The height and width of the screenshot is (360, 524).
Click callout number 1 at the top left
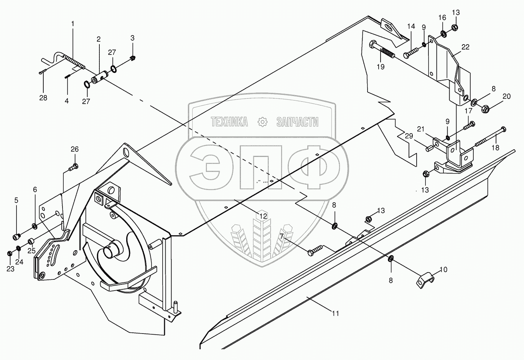pyautogui.click(x=73, y=24)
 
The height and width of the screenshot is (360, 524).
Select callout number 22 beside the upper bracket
pyautogui.click(x=465, y=47)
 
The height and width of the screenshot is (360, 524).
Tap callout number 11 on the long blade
pyautogui.click(x=335, y=314)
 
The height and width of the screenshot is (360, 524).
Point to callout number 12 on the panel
pyautogui.click(x=262, y=216)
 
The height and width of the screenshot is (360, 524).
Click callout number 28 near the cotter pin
pyautogui.click(x=43, y=98)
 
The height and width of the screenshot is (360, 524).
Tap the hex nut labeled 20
pyautogui.click(x=484, y=109)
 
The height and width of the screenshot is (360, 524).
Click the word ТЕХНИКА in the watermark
pyautogui.click(x=229, y=122)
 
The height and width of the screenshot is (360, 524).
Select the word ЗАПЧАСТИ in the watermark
pyautogui.click(x=297, y=122)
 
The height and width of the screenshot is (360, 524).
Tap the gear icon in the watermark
pyautogui.click(x=262, y=122)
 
